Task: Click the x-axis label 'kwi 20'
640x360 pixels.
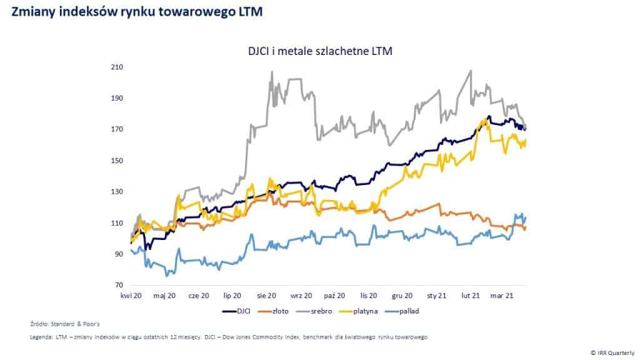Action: coord(132,296)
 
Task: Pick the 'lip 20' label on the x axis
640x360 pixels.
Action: coord(232,296)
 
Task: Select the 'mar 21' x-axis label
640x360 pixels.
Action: coord(502,296)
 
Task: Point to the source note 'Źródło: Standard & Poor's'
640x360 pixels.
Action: coord(61,324)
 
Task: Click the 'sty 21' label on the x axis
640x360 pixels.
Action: coord(436,296)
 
